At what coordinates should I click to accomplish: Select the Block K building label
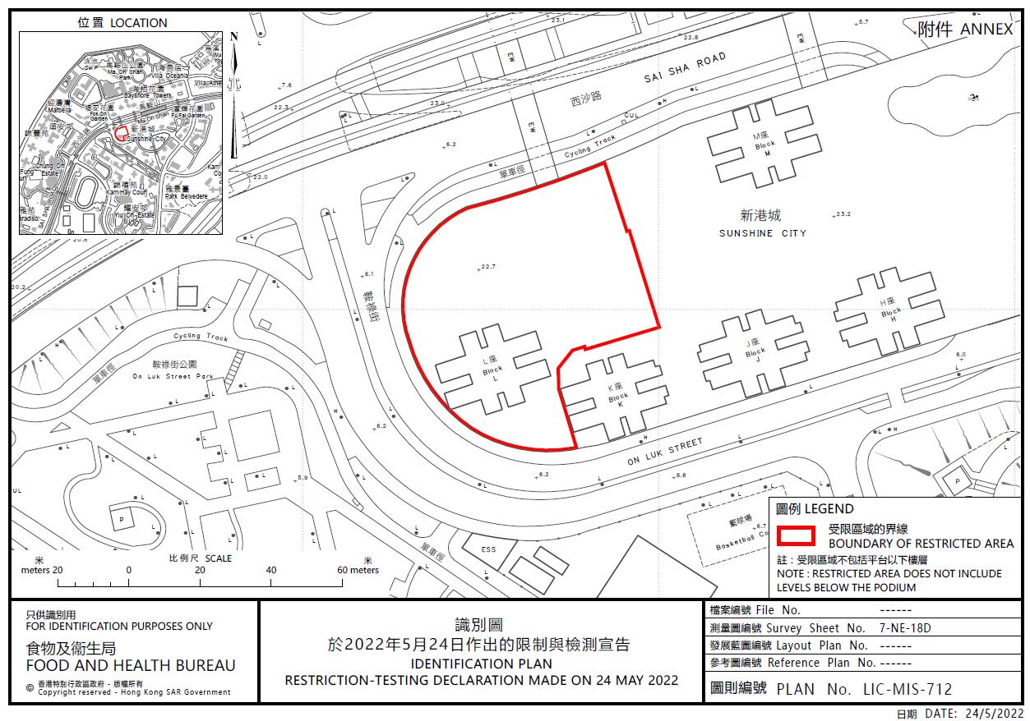[617, 397]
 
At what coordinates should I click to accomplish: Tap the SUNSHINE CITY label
[762, 233]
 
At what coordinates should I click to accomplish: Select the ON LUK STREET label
[665, 452]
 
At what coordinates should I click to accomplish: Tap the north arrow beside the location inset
[234, 94]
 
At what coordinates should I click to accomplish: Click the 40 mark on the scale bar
[271, 570]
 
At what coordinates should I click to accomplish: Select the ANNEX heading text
[986, 30]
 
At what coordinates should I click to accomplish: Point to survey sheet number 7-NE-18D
[905, 627]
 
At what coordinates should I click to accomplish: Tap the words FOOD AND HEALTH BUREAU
[131, 666]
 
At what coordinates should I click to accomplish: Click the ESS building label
[488, 550]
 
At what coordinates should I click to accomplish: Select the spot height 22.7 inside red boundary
[490, 266]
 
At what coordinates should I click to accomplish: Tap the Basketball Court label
[740, 545]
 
